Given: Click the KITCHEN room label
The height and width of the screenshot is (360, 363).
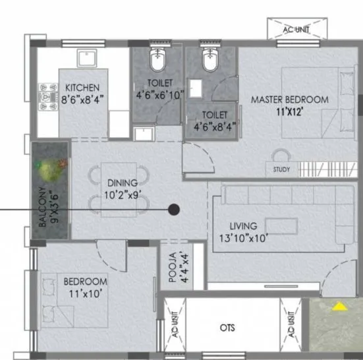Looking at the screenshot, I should pyautogui.click(x=82, y=88).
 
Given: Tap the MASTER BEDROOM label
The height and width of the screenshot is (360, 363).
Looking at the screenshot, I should pyautogui.click(x=289, y=100).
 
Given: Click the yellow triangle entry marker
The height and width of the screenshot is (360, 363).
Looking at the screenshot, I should pyautogui.click(x=339, y=306).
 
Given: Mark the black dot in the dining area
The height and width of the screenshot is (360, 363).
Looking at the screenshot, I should pyautogui.click(x=174, y=210).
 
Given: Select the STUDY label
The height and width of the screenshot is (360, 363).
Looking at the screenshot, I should pyautogui.click(x=281, y=170).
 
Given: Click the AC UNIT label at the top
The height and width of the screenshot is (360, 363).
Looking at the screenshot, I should pyautogui.click(x=296, y=29).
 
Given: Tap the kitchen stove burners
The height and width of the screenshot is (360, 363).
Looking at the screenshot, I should pyautogui.click(x=49, y=95).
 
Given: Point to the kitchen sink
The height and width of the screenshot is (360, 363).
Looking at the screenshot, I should pyautogui.click(x=86, y=59).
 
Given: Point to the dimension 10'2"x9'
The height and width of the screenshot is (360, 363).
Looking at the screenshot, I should pyautogui.click(x=123, y=195).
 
